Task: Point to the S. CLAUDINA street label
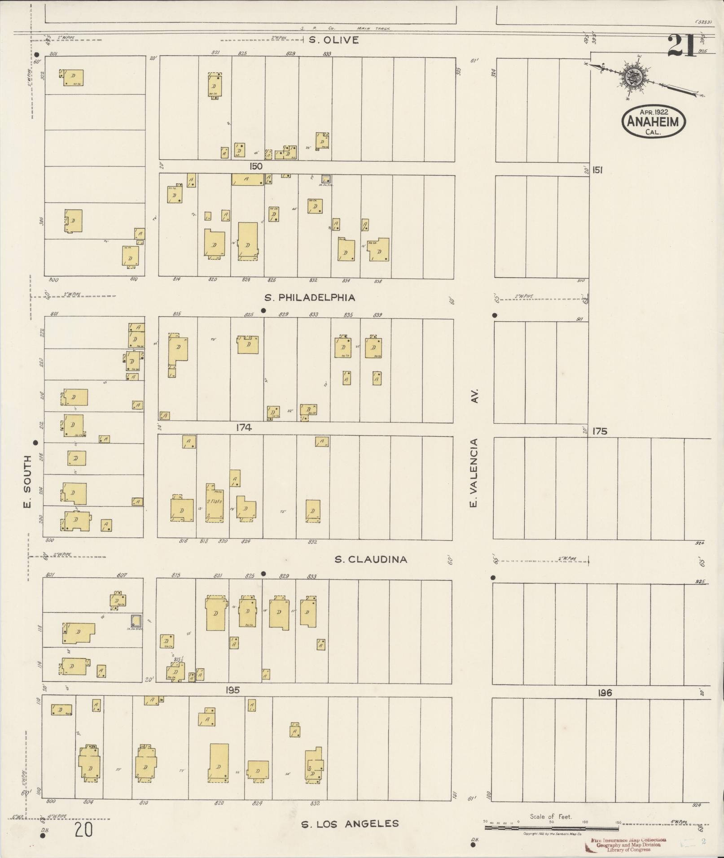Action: [371, 559]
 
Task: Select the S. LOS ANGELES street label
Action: [350, 823]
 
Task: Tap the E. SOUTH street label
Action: [27, 482]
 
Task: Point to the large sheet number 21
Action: [682, 46]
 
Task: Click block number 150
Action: [256, 166]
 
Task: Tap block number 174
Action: [244, 428]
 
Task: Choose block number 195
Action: [232, 690]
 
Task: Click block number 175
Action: [600, 431]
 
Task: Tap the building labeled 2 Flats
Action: [214, 502]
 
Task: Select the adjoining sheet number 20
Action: [84, 830]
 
